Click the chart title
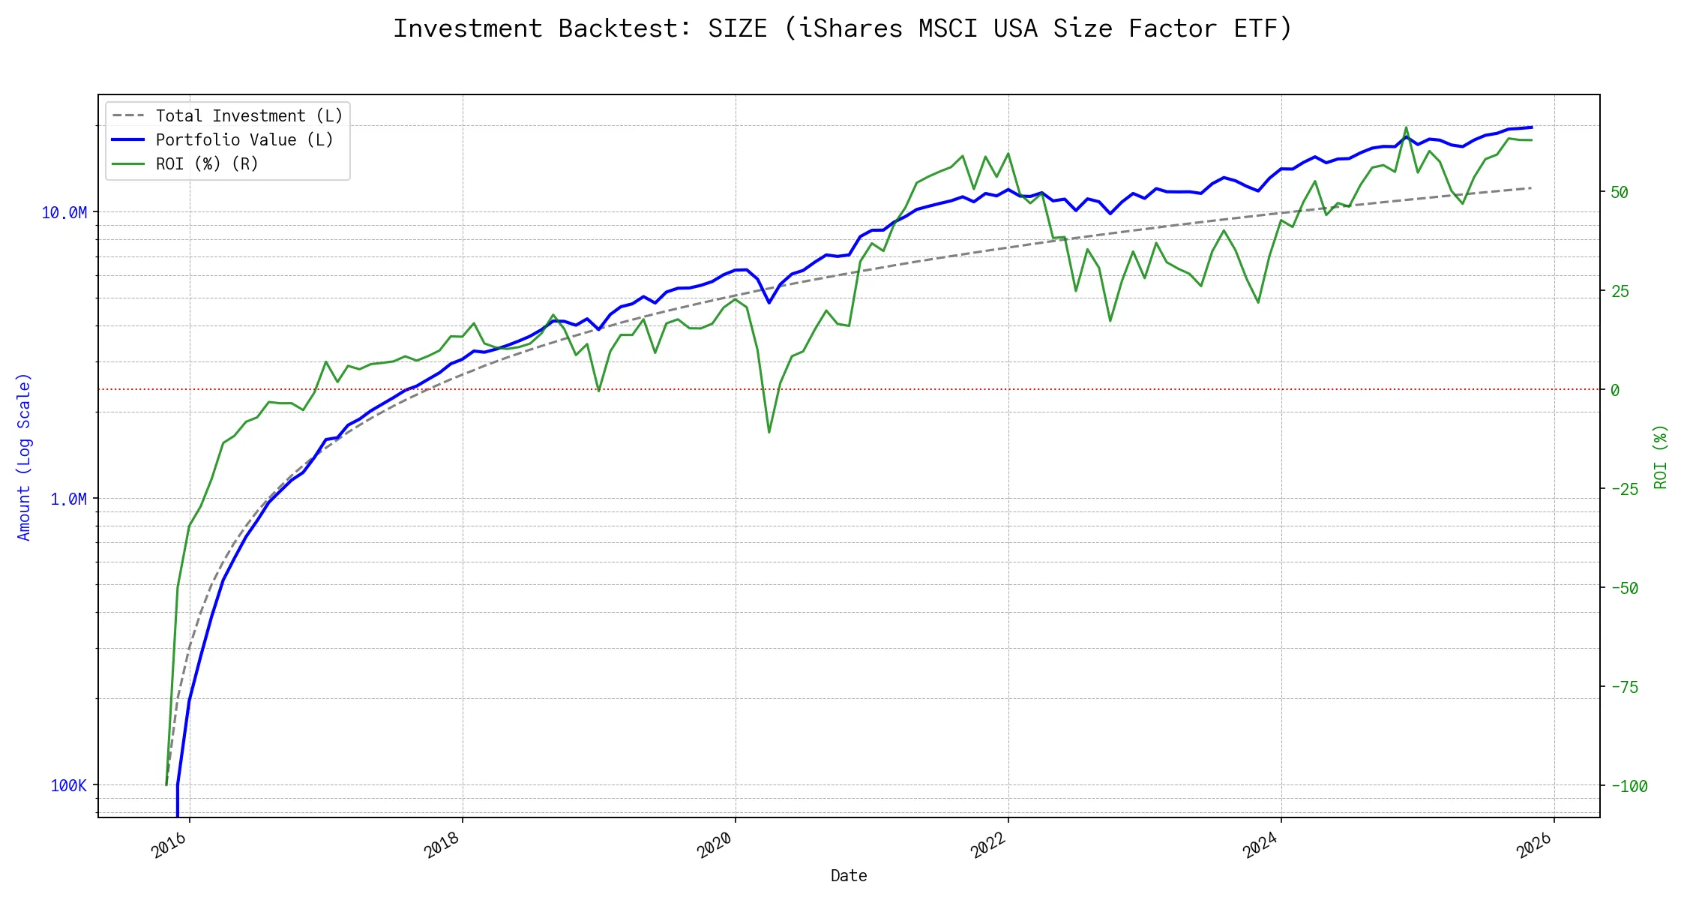pos(843,28)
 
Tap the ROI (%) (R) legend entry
pos(207,164)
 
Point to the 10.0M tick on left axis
pos(64,213)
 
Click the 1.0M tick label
pos(68,499)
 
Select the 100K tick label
pos(68,786)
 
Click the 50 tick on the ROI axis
pos(1620,193)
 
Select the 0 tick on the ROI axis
pos(1615,391)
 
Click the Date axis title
pos(849,876)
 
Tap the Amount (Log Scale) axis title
pos(24,457)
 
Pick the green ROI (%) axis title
pos(1661,457)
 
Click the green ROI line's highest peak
pos(1406,127)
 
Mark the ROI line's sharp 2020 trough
pos(769,432)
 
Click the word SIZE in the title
pos(738,28)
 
